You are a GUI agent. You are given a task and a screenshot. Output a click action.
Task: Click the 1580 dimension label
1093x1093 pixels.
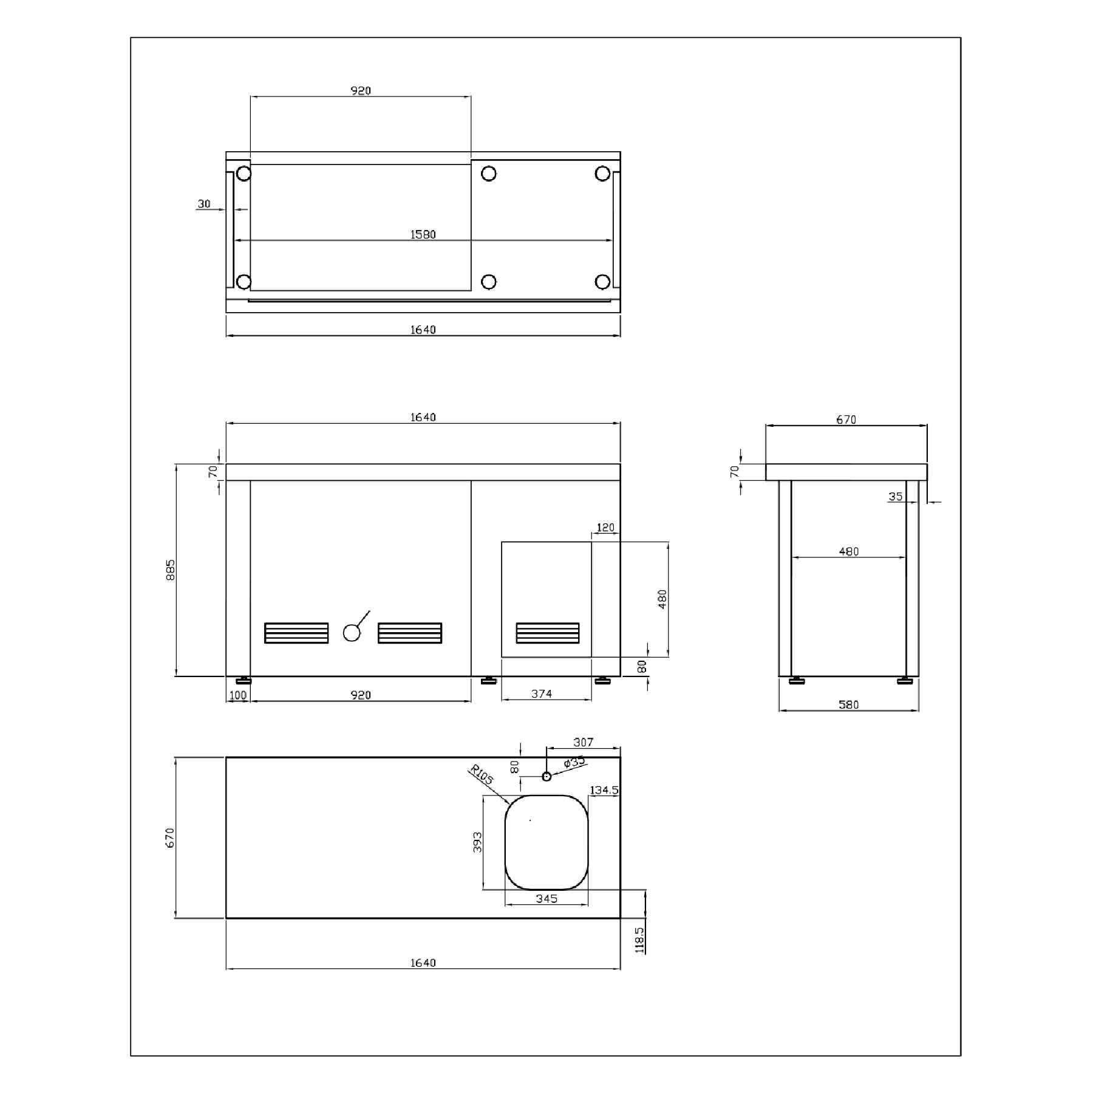[423, 234]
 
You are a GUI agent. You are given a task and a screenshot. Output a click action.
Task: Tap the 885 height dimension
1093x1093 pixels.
[171, 570]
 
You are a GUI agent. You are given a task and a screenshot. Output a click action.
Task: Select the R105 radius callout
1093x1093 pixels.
[482, 775]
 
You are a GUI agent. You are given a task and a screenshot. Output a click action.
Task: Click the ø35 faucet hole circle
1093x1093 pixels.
[546, 776]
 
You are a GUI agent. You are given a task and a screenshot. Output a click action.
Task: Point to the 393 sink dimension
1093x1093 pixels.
[478, 842]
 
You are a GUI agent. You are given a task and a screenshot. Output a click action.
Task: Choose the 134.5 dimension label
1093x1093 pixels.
[604, 790]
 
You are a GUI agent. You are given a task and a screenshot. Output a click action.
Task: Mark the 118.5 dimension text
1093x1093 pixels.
[639, 939]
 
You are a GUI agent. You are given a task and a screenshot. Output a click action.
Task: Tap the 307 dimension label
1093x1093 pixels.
[583, 742]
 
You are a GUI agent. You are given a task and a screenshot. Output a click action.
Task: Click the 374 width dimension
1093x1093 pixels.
[542, 693]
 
